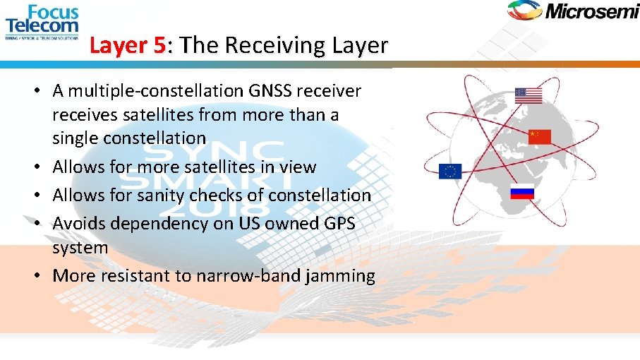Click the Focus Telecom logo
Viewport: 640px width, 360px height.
[42, 23]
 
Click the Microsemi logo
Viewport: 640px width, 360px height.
[572, 11]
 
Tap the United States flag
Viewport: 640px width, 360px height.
[528, 95]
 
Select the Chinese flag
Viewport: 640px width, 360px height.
[539, 136]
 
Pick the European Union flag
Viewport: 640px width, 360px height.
[449, 171]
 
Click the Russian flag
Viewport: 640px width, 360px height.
[522, 191]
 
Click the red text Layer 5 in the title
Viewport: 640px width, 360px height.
[128, 46]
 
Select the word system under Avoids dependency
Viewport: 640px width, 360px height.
[80, 248]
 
